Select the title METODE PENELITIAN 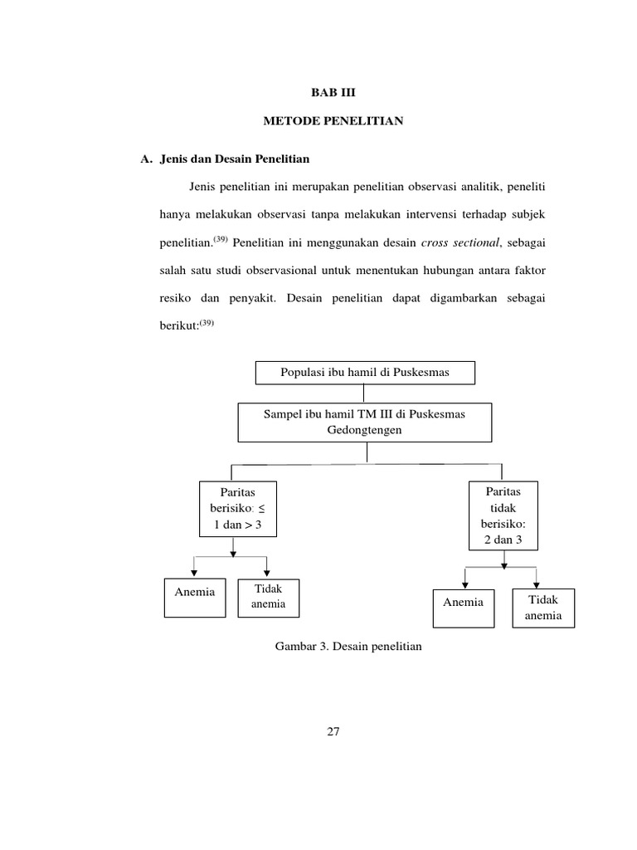(333, 122)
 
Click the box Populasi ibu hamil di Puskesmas (365, 373)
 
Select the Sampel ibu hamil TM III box (365, 423)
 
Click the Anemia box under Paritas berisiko (195, 598)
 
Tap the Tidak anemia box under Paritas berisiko (268, 598)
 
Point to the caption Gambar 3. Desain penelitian (348, 645)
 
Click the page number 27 (333, 731)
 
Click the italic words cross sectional (459, 242)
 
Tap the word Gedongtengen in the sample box (364, 432)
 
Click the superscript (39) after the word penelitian (220, 239)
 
